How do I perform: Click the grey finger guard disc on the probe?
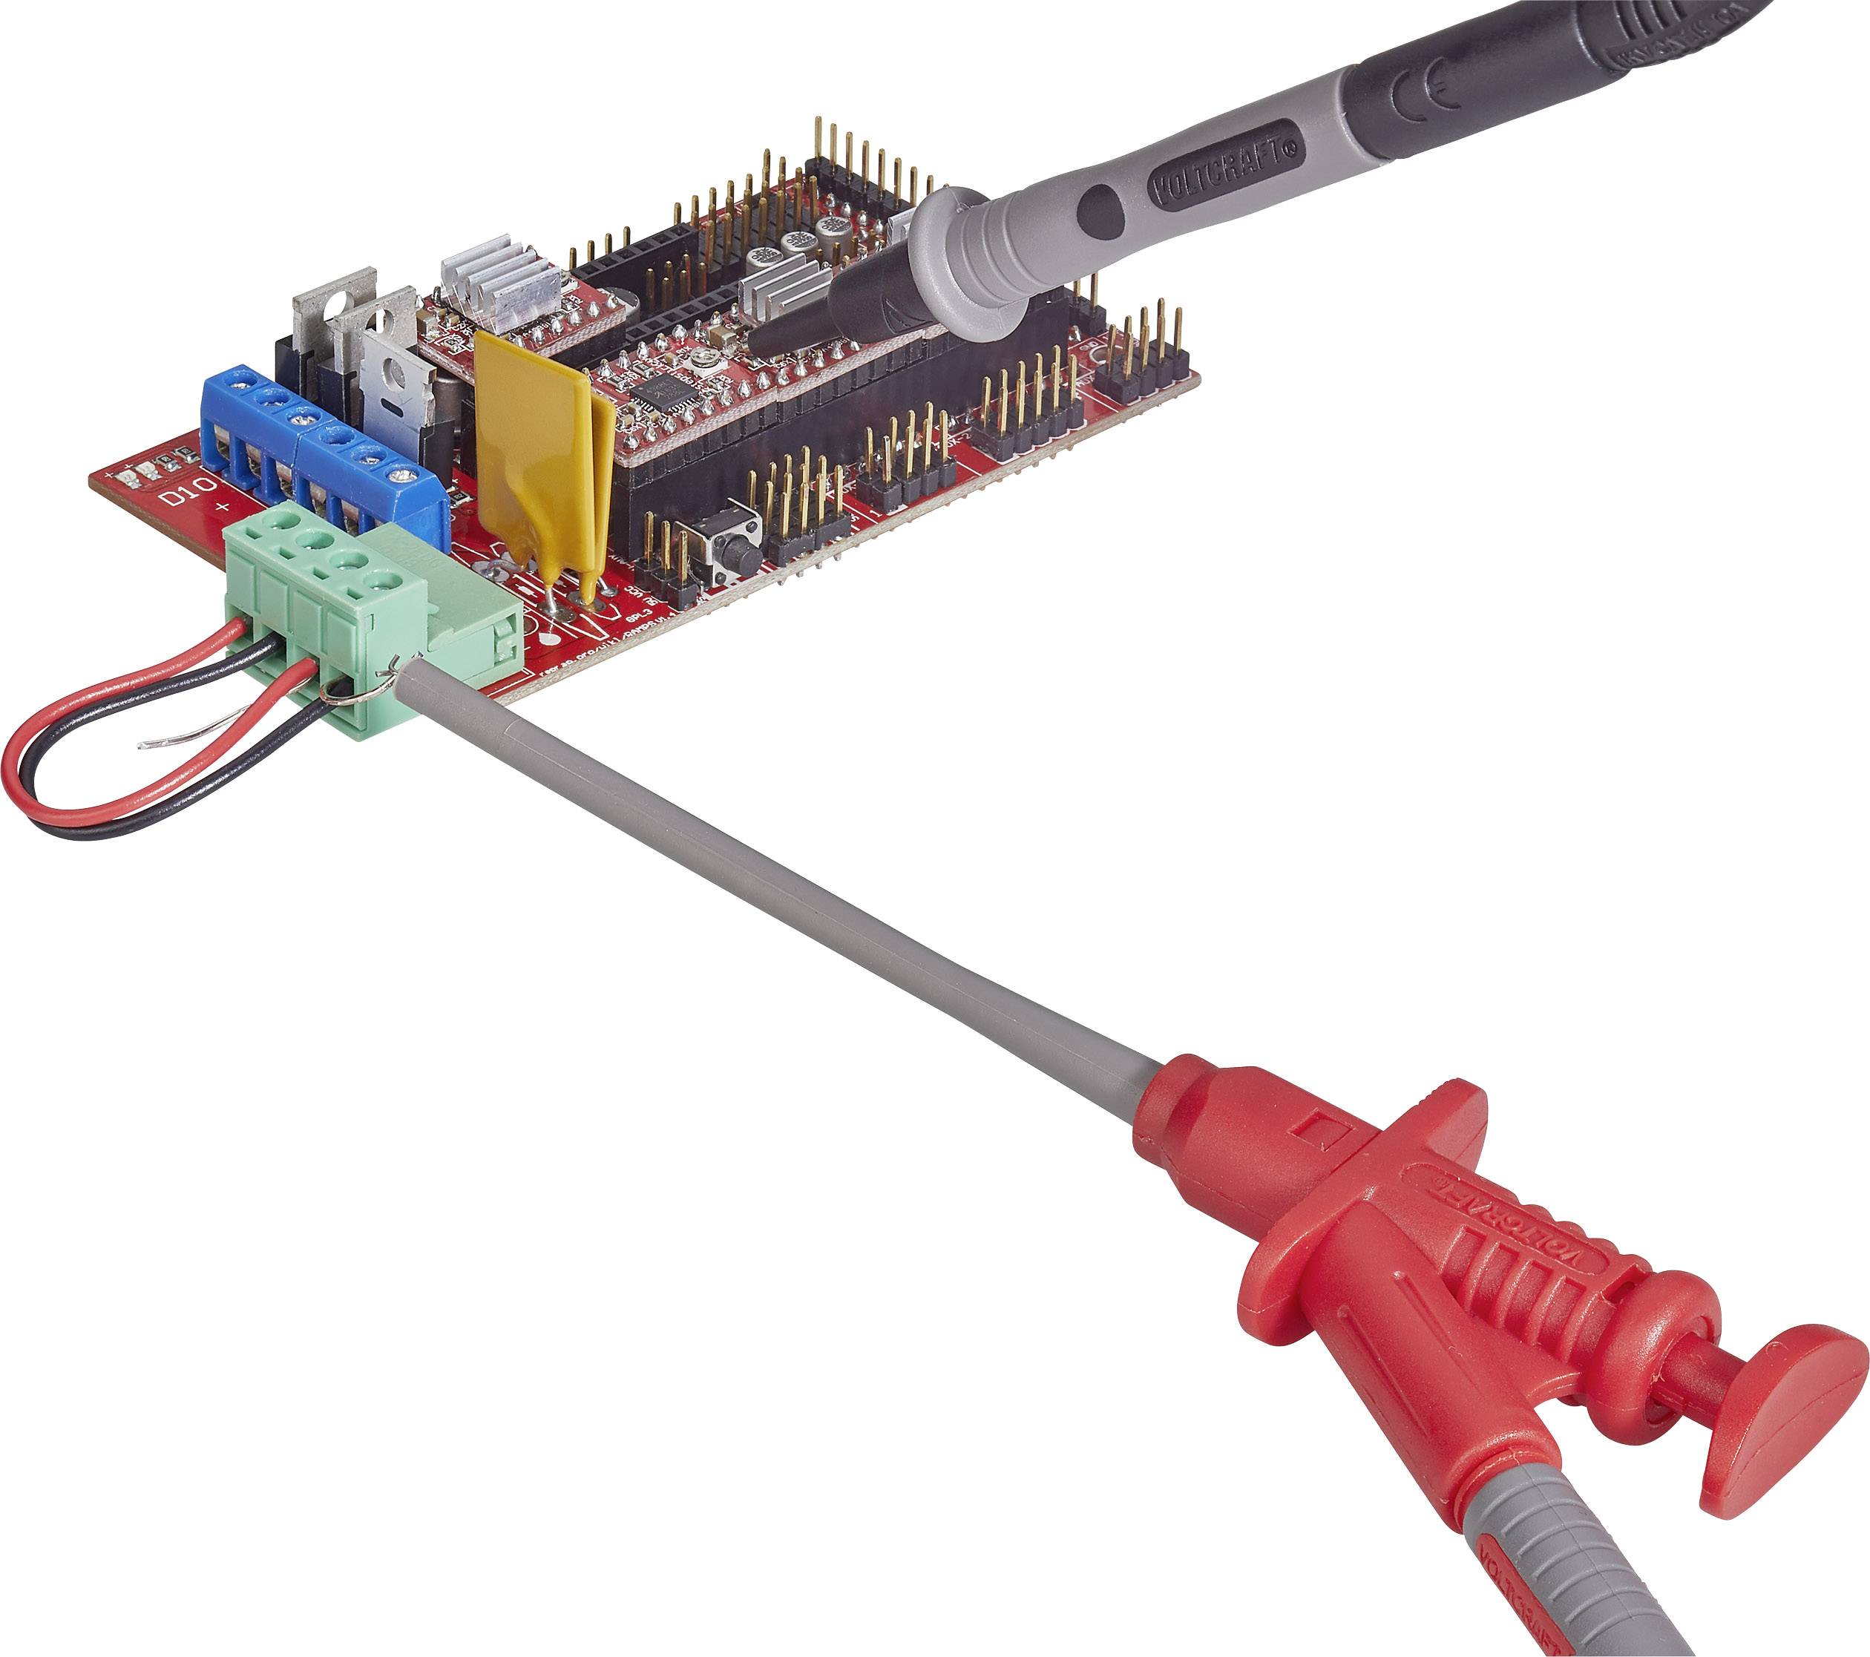961,260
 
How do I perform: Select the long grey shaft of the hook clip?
778,879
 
